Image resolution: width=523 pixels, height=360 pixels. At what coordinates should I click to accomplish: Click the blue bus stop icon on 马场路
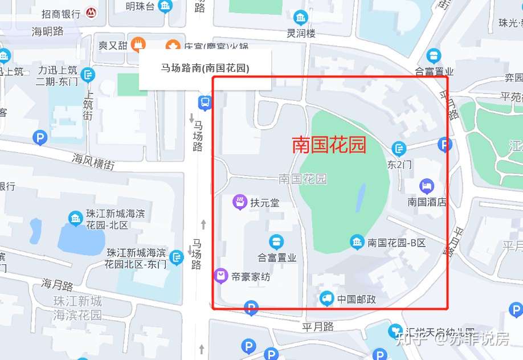coord(205,103)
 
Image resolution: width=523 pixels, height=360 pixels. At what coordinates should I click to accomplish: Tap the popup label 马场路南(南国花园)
coord(205,68)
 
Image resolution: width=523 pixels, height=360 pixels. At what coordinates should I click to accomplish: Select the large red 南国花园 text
coord(329,145)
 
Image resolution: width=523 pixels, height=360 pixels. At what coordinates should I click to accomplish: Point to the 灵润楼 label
coord(301,33)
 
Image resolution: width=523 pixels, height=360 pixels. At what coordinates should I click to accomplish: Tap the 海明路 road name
coord(48,31)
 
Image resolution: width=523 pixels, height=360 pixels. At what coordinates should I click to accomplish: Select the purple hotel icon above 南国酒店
coord(427,186)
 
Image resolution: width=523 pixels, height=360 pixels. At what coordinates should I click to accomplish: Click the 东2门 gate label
coord(399,165)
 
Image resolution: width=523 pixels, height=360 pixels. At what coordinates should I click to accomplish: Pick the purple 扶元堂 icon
coord(240,202)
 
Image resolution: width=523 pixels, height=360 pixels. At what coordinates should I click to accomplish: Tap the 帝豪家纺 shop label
coord(251,277)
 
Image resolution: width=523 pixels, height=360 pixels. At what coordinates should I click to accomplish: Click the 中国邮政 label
coord(356,299)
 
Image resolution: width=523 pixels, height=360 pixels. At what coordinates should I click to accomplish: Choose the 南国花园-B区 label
coord(397,243)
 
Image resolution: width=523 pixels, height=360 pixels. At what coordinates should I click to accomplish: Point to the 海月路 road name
coord(58,284)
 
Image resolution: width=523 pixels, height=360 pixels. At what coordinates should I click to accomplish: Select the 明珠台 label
coord(140,7)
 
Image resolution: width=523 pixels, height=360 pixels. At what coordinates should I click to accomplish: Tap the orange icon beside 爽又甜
coord(137,44)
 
